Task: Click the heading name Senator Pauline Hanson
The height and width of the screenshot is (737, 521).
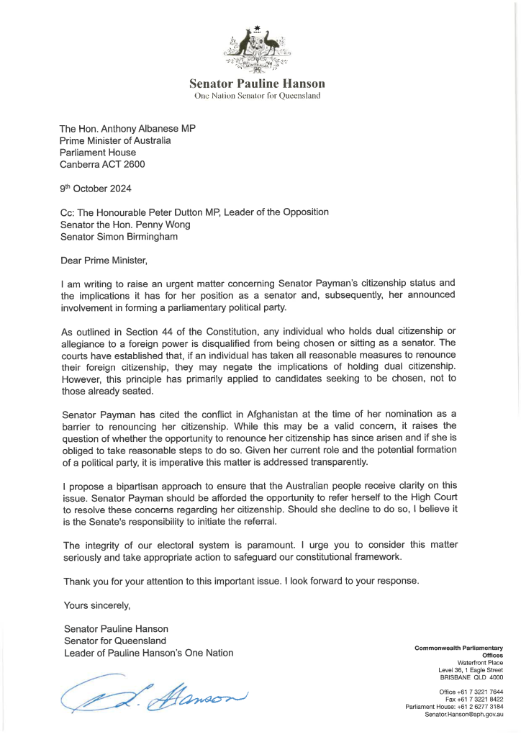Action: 257,83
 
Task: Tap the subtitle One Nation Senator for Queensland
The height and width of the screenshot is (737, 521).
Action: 257,96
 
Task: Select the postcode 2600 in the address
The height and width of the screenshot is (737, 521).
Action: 133,164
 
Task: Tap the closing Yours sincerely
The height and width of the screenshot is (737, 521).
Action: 97,605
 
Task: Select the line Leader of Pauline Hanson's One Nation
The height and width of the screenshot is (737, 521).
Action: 148,652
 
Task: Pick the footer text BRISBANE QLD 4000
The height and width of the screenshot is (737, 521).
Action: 471,677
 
